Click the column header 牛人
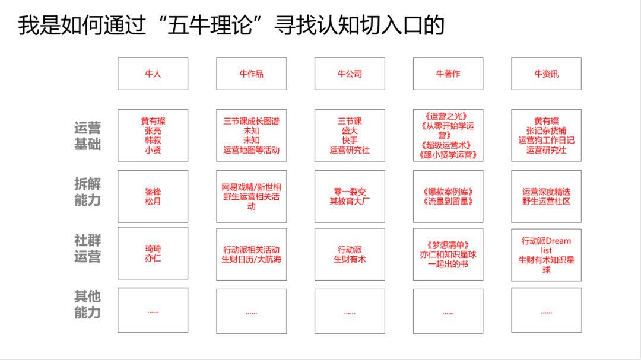[x=153, y=74]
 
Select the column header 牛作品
[x=252, y=74]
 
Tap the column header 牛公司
[x=350, y=74]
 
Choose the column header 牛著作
[x=448, y=74]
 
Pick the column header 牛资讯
[x=546, y=74]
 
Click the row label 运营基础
[x=87, y=136]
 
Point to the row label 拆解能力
[x=87, y=192]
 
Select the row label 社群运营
[x=87, y=249]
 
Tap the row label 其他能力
[x=87, y=304]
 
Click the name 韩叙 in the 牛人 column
[x=153, y=141]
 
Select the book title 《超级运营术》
[x=448, y=145]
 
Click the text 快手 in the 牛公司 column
[x=350, y=141]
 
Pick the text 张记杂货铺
[x=546, y=131]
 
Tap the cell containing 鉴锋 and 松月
[x=153, y=196]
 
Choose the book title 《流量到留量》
[x=448, y=202]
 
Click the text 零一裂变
[x=350, y=192]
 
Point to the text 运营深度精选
[x=546, y=192]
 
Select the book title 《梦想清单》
[x=448, y=244]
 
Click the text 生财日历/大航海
[x=252, y=259]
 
